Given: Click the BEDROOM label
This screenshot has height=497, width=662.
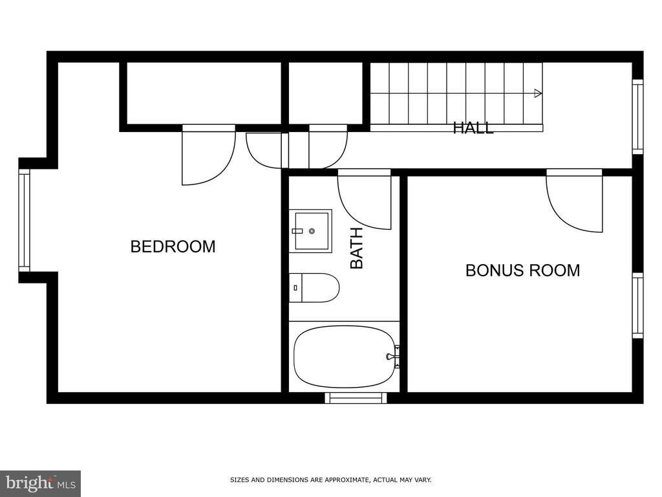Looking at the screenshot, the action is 173,247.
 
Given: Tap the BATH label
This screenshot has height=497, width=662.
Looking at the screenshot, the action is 357,248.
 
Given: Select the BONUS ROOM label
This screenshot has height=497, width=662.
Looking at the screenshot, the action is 522,271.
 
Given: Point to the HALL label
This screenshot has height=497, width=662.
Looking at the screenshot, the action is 473,127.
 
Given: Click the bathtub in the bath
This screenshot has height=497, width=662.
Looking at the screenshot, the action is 345,357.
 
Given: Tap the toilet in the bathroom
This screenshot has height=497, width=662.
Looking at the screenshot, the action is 314,288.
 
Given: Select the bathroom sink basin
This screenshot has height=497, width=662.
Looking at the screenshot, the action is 311,231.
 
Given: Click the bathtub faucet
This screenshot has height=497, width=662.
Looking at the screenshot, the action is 394,357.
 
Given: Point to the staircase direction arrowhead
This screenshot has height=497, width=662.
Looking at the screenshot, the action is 538,93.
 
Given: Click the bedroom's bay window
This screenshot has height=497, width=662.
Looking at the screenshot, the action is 25,220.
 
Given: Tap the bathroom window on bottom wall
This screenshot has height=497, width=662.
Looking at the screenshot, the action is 356,398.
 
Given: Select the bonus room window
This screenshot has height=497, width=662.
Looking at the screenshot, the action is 637,305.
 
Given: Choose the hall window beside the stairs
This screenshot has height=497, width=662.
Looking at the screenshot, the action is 637,116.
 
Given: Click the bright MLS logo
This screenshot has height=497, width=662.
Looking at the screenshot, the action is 40,483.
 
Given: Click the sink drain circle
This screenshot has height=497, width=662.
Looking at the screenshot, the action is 312,231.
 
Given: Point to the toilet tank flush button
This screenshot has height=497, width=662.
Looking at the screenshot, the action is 295,288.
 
